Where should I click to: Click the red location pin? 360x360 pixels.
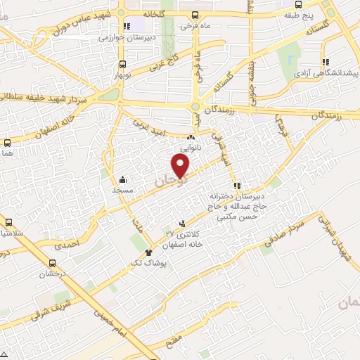181,167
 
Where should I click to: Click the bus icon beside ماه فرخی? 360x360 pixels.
194,15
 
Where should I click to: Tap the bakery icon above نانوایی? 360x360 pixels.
190,138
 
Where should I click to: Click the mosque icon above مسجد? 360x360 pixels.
123,179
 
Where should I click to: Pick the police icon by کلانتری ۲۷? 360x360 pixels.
184,223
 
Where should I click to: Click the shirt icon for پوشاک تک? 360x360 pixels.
148,252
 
